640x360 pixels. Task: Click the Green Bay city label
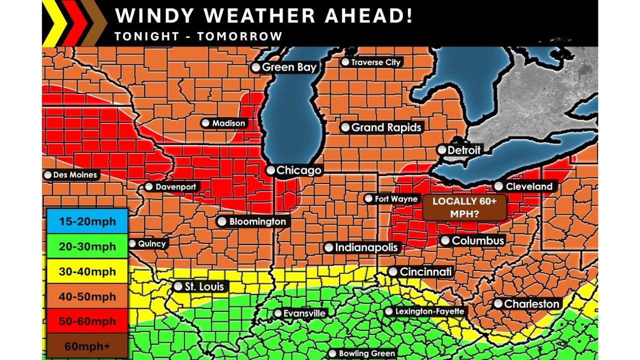point(288,67)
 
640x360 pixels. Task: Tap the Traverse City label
point(375,62)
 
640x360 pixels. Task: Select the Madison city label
point(228,123)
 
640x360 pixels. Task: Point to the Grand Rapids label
point(386,127)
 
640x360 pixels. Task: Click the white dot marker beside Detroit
point(441,150)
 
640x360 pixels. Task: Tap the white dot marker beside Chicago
point(270,170)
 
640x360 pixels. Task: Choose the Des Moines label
point(75,175)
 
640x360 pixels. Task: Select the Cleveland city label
point(529,186)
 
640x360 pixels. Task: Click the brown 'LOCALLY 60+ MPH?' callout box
point(464,207)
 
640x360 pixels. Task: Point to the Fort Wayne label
point(396,199)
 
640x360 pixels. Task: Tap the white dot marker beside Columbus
point(445,240)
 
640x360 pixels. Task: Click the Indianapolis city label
point(366,247)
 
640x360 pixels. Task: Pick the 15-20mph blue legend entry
point(87,221)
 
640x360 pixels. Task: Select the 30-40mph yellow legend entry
point(87,271)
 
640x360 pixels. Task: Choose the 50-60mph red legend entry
point(87,321)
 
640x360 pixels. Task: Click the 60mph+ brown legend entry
point(87,345)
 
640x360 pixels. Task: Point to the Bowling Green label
point(366,353)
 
